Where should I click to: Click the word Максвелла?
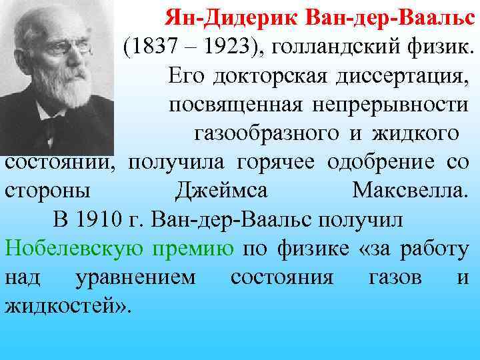tap(409, 190)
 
